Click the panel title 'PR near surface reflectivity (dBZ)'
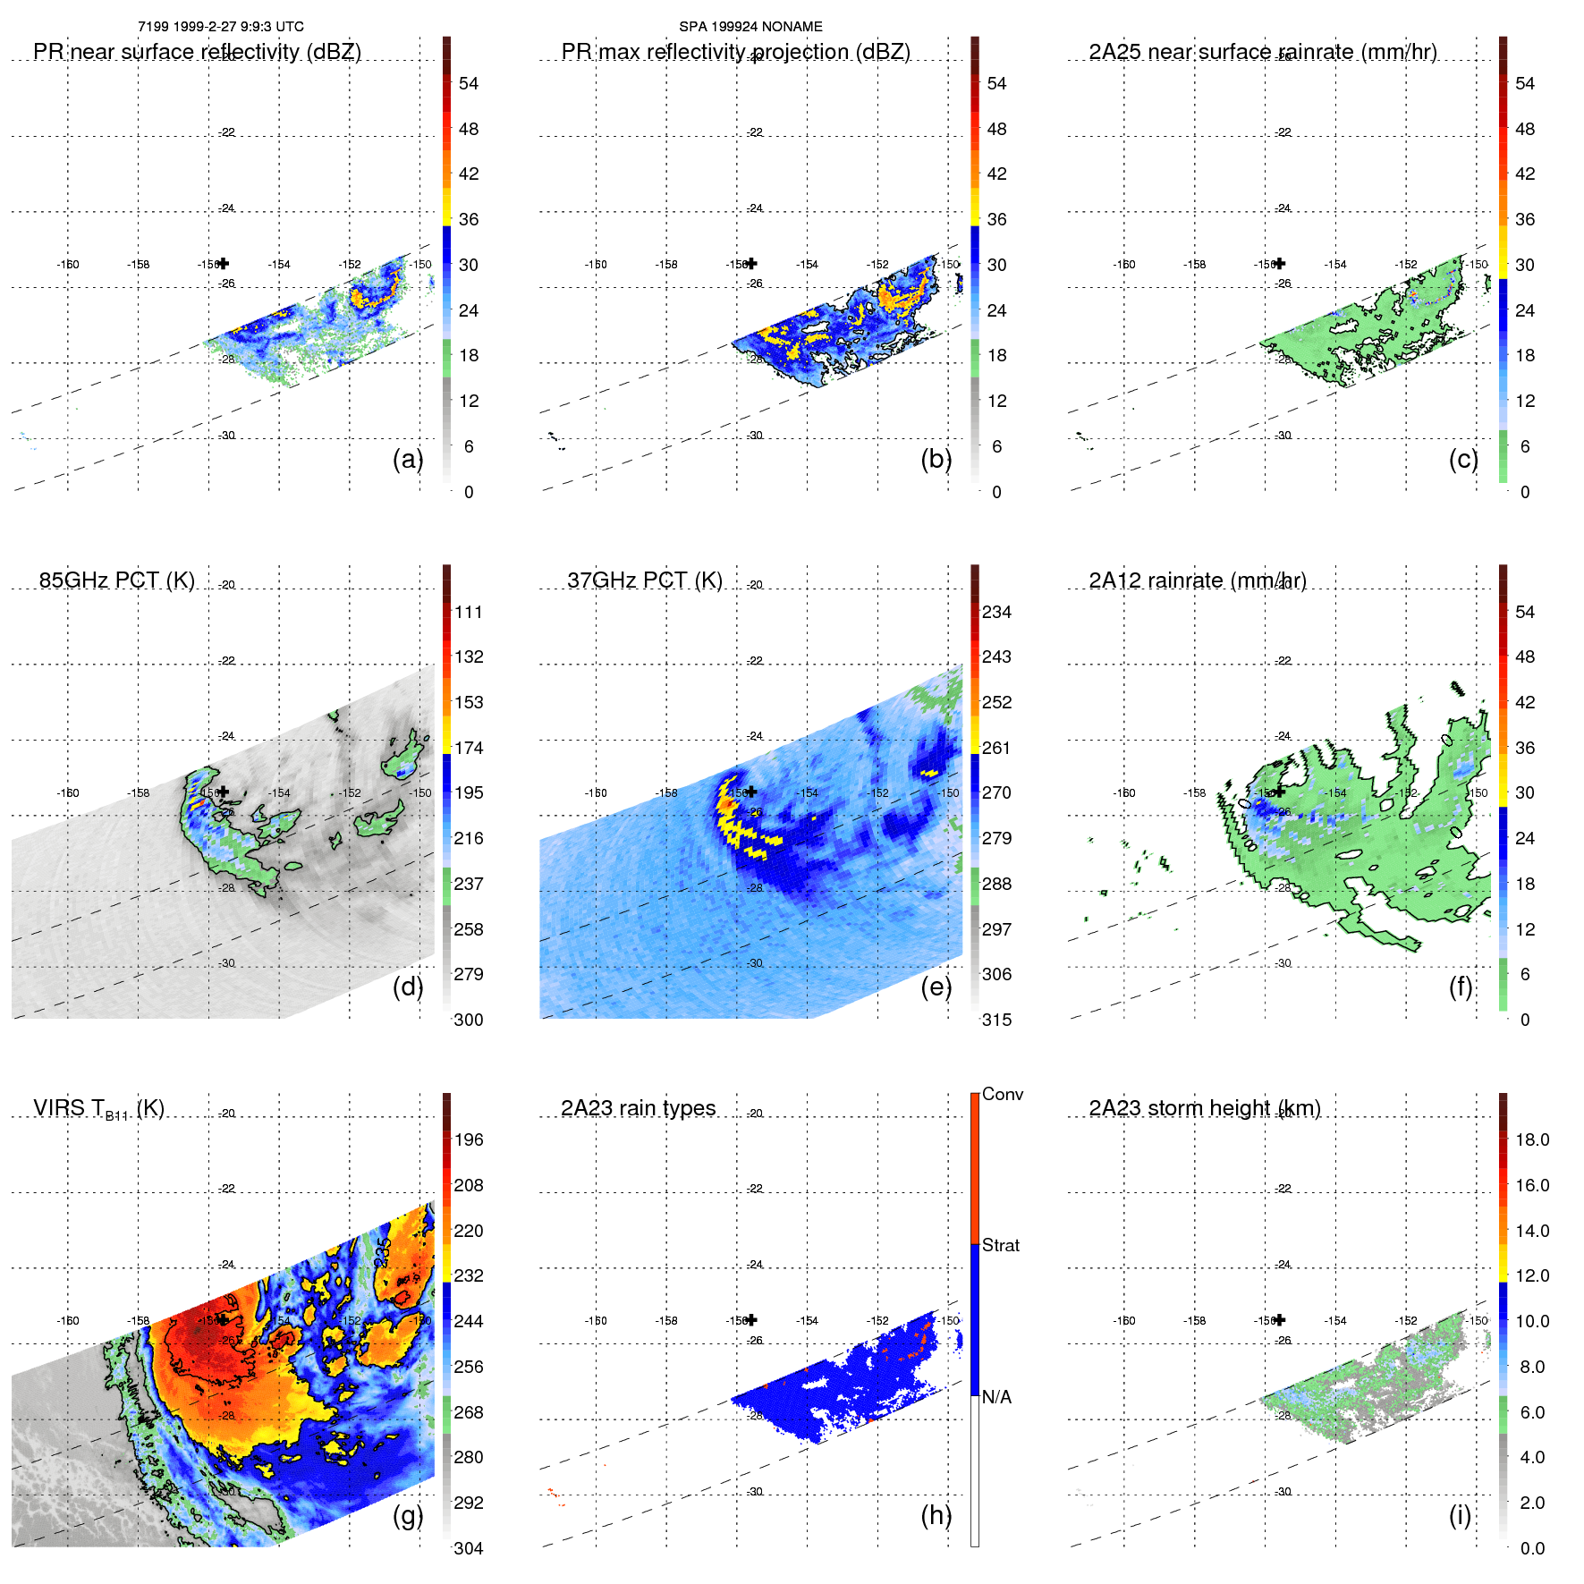pos(197,52)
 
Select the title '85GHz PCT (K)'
pos(116,580)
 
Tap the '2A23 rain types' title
pos(638,1108)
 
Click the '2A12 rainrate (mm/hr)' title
pos(1198,580)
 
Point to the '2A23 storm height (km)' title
pos(1205,1108)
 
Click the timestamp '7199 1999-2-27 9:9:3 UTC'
pos(221,27)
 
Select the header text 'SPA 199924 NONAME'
pos(750,27)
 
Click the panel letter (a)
pos(408,459)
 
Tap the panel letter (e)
pos(936,987)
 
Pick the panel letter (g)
pos(408,1515)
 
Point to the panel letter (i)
pos(1460,1515)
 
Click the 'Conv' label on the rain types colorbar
pos(1003,1094)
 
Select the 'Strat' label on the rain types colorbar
pos(1001,1245)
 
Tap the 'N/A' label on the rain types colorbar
pos(996,1397)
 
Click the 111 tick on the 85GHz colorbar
pos(469,612)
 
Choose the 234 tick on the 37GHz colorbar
pos(996,612)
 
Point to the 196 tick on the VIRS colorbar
pos(469,1139)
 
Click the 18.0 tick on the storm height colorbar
pos(1532,1139)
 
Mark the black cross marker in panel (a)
pos(224,263)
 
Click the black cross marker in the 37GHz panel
pos(752,792)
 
